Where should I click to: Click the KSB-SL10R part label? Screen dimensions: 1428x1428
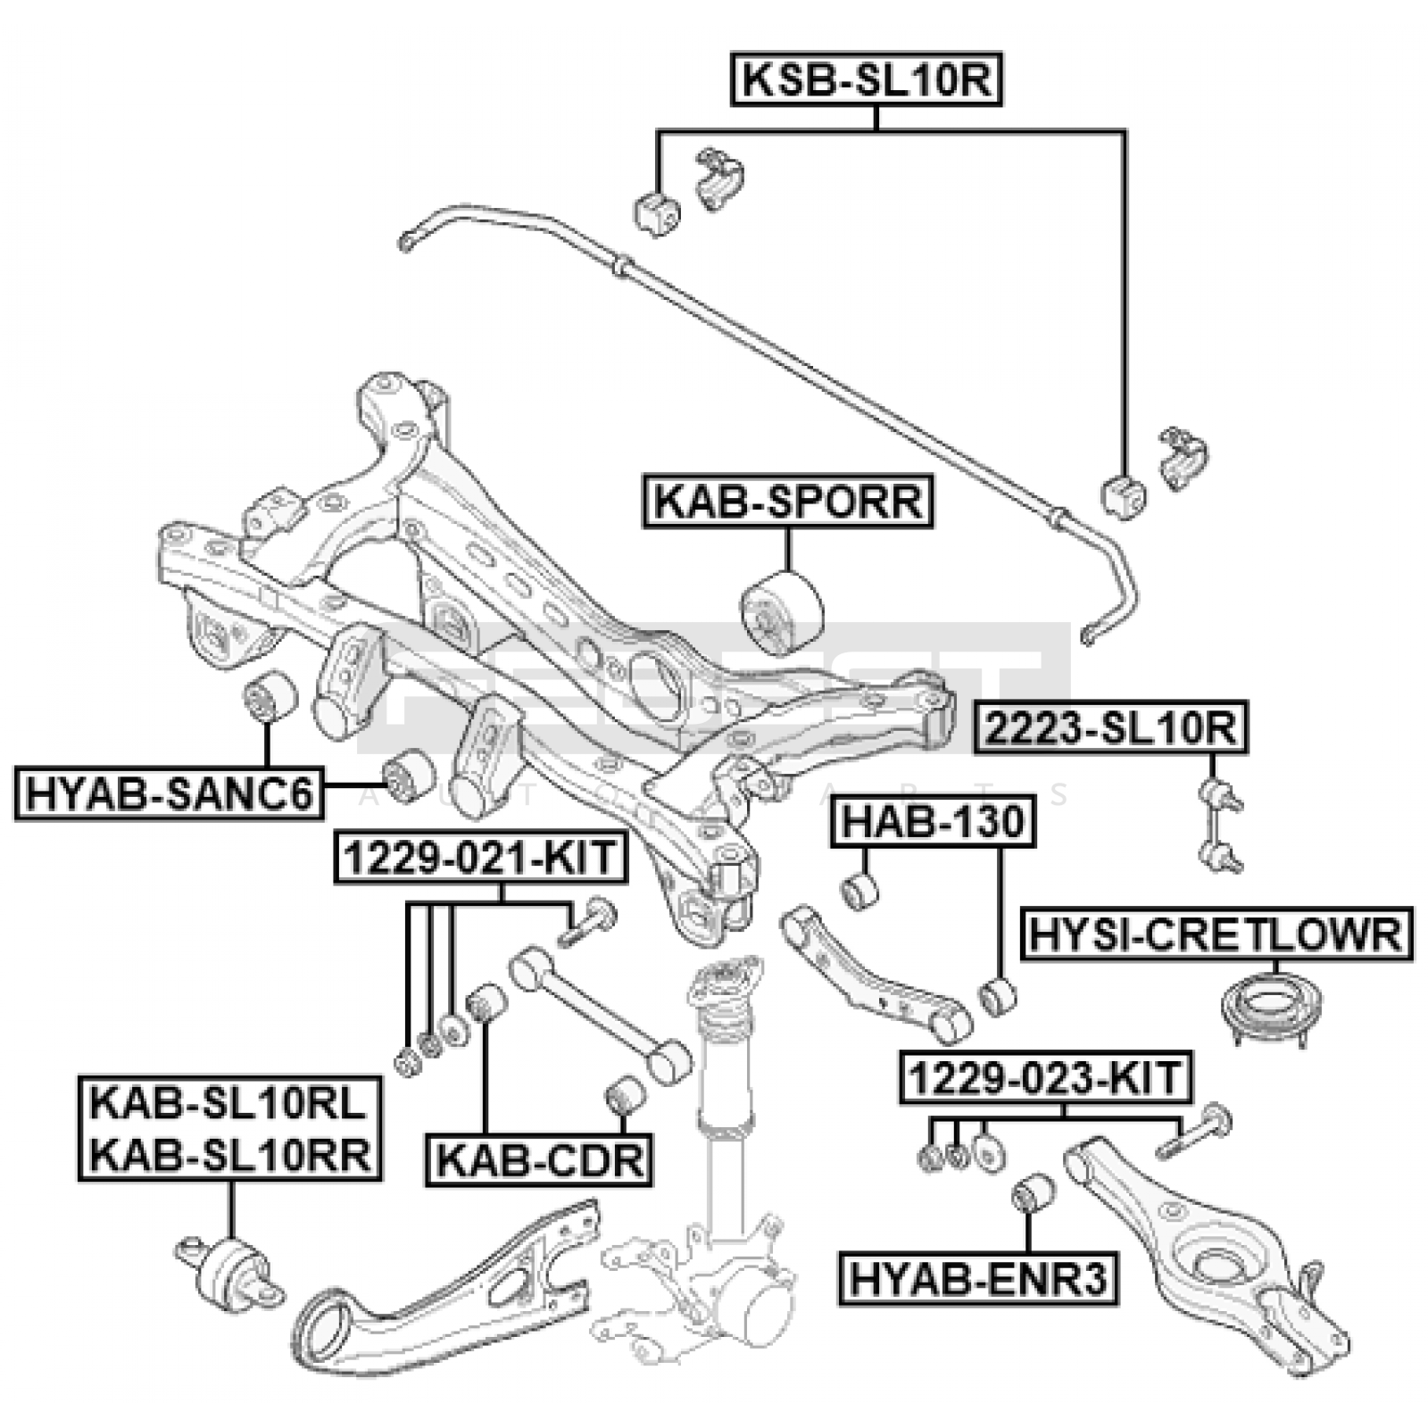[x=867, y=80]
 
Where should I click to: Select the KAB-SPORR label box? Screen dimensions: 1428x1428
[x=788, y=502]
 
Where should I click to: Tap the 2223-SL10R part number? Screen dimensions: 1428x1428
[x=1111, y=728]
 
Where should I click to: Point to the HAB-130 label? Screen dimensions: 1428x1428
[x=933, y=821]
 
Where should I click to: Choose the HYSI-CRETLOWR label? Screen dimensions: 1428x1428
[x=1216, y=934]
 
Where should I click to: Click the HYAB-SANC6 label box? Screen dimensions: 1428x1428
[x=170, y=793]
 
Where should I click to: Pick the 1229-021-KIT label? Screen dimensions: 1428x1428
[x=480, y=858]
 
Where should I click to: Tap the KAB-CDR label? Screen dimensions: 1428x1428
[x=539, y=1160]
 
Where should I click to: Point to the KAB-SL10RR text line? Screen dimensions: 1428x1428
[x=230, y=1156]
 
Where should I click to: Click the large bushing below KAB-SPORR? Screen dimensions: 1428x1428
[x=782, y=612]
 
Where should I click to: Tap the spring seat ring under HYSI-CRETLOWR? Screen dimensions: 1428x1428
[x=1271, y=1008]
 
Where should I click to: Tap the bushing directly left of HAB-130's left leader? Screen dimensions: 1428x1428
[x=860, y=891]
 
